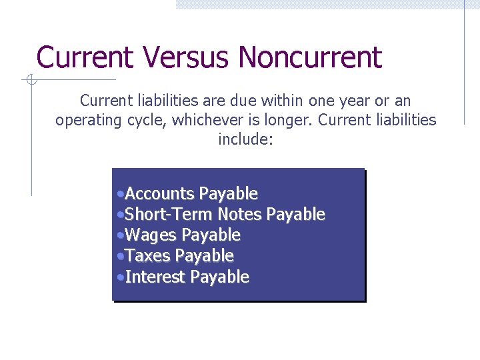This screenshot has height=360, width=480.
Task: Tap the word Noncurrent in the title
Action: (x=310, y=58)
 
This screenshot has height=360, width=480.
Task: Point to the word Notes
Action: (x=240, y=215)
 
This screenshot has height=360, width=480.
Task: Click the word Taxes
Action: (x=147, y=256)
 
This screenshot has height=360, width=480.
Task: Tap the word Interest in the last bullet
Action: (x=155, y=277)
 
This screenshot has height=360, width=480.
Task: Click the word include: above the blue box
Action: (x=245, y=141)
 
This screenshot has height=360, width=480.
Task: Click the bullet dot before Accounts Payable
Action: (x=119, y=195)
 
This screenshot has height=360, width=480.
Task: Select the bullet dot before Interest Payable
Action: (x=119, y=278)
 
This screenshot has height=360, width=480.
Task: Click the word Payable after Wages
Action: (x=211, y=235)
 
